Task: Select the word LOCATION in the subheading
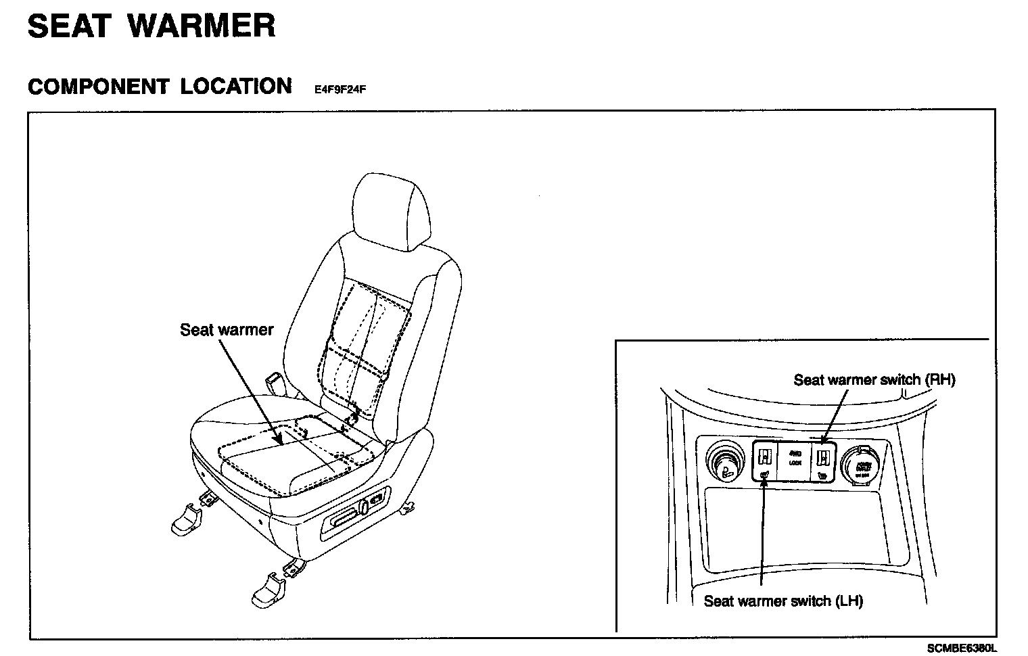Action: (236, 87)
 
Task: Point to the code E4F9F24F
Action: (340, 89)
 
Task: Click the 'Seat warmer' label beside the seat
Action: (227, 330)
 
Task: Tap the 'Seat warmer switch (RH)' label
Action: (874, 380)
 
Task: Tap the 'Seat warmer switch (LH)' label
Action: (783, 601)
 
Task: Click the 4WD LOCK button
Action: (795, 459)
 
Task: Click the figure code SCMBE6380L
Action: (962, 648)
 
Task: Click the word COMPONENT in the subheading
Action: (98, 87)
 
